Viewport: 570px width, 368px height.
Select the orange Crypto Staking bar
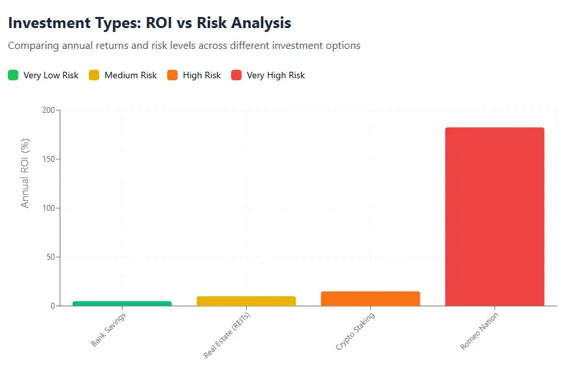[370, 298]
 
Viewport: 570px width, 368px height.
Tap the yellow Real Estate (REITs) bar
[246, 301]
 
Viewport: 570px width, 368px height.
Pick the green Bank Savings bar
[122, 303]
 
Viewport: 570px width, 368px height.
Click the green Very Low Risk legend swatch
[13, 75]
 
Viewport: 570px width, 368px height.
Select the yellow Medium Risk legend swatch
[94, 75]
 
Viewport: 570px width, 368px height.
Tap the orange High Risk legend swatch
[172, 75]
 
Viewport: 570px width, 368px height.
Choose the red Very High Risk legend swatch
[236, 75]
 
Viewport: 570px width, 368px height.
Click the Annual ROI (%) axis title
[25, 173]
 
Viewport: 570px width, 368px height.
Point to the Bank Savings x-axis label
[108, 330]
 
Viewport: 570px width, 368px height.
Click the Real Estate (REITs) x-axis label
[227, 335]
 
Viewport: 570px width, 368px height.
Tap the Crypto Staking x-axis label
[355, 331]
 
